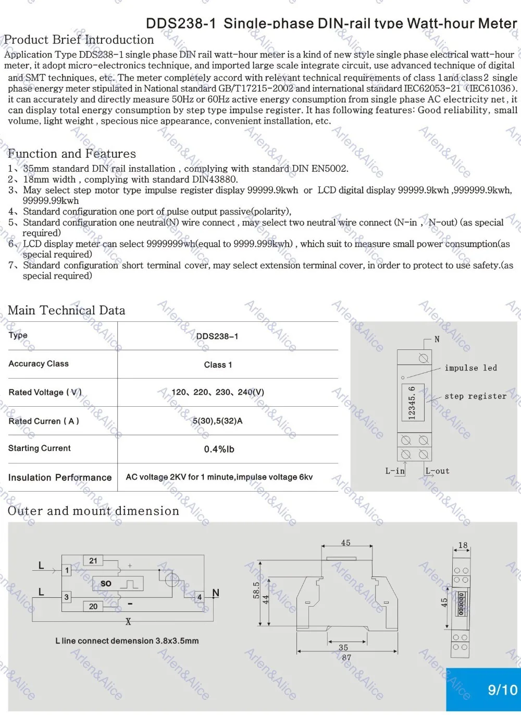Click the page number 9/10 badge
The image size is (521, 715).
pos(502,690)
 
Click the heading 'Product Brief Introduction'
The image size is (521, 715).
pos(79,40)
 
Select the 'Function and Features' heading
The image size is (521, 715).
pos(72,154)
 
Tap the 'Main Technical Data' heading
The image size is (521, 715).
pos(67,310)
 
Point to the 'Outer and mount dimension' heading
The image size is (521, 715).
pos(93,511)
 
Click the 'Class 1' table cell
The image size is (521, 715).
pos(218,365)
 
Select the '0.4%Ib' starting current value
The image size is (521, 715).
pos(219,449)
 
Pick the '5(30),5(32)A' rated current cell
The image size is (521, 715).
pos(218,421)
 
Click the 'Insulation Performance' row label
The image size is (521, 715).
pos(60,477)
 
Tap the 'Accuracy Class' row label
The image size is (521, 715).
pos(39,363)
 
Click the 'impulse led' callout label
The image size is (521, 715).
pos(470,368)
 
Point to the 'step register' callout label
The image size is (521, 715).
pos(475,396)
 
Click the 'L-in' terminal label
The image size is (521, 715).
pos(394,471)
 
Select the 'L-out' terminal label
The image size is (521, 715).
pos(437,471)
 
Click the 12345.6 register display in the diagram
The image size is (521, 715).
pos(412,403)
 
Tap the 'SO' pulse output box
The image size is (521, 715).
pos(106,583)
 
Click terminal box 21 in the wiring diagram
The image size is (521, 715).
pos(93,561)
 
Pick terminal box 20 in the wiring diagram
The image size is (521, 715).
pos(93,606)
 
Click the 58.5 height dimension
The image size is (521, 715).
pos(256,590)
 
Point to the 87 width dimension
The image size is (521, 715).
pos(346,658)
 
